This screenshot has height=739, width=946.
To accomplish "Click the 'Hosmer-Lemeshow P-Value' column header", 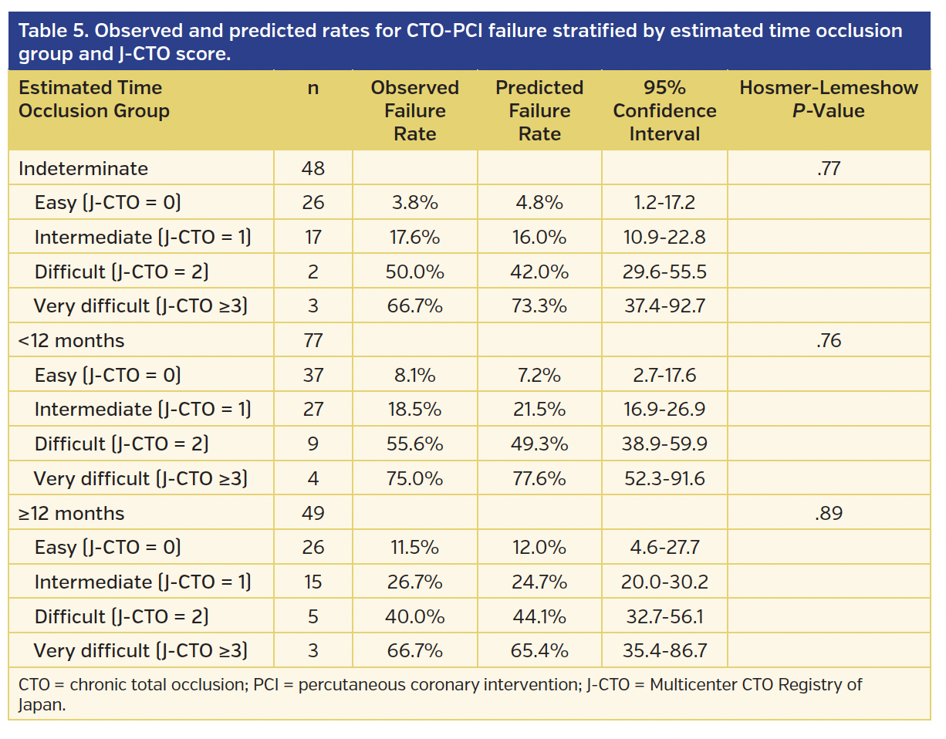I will [828, 99].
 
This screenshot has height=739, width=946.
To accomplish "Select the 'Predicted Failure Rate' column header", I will [539, 110].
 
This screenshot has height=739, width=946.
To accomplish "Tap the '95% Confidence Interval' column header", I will [664, 110].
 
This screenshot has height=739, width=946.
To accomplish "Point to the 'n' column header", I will [313, 88].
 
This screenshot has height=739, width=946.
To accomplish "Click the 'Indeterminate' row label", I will [83, 168].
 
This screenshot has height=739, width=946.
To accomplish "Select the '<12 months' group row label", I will [71, 340].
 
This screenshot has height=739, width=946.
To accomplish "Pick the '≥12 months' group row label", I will [71, 513].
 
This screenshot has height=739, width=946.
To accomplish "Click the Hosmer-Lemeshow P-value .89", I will [828, 513].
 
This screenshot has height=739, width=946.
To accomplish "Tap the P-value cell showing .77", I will [828, 168].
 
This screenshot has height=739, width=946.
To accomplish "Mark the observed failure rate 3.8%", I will [414, 203].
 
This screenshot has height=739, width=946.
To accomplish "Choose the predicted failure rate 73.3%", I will [539, 306].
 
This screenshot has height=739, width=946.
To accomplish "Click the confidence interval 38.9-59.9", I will [664, 444].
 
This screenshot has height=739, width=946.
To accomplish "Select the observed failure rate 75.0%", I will [414, 479].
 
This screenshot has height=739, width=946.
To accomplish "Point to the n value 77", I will [313, 340].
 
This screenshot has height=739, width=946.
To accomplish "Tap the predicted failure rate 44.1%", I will [539, 617].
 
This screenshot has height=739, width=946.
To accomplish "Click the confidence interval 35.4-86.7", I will [664, 651].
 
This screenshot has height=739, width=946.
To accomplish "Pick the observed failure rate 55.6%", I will [414, 444].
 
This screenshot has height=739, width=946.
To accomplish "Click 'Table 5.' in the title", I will [52, 31].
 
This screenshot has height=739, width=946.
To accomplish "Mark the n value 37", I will [313, 375].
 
